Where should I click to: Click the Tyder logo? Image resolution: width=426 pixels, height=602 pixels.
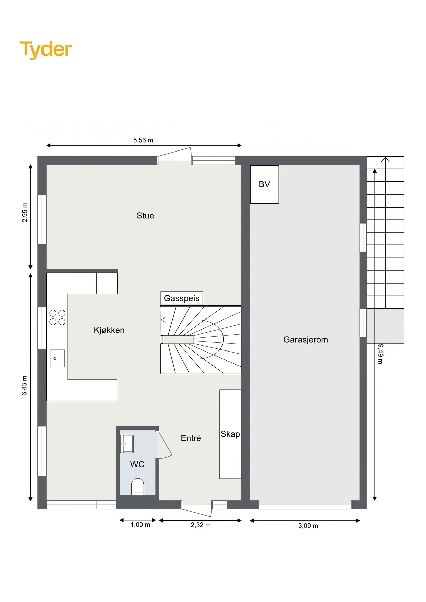(x=46, y=50)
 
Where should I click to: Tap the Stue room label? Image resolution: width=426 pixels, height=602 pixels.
(x=145, y=216)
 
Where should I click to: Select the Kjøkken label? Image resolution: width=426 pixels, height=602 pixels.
(x=109, y=330)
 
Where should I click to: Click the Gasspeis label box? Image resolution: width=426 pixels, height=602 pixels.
(x=182, y=298)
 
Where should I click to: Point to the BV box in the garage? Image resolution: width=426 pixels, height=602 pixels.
(x=264, y=184)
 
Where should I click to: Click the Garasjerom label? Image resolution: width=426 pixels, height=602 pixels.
(x=306, y=340)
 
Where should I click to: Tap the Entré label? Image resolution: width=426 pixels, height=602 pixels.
(x=191, y=438)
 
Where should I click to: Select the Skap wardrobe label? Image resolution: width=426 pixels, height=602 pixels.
(x=230, y=434)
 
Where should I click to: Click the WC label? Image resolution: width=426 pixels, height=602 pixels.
(x=137, y=464)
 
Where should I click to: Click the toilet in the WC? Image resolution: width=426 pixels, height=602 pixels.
(x=137, y=487)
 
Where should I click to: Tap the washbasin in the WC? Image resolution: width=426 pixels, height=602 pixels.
(x=127, y=444)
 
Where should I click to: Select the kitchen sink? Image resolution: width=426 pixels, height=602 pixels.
(x=57, y=358)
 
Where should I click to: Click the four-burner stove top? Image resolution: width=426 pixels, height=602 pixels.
(x=57, y=317)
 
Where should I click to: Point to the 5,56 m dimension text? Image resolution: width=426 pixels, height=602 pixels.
(x=143, y=140)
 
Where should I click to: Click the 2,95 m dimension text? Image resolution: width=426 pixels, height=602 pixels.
(x=25, y=212)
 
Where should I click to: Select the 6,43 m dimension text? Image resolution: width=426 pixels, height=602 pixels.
(x=25, y=386)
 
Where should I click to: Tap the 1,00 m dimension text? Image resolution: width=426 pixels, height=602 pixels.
(x=140, y=525)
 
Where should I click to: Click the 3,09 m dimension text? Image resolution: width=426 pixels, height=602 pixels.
(x=308, y=526)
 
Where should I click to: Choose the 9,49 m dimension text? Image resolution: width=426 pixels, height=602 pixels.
(x=380, y=354)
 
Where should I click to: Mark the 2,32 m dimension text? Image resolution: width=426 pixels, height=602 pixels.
(x=201, y=525)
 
